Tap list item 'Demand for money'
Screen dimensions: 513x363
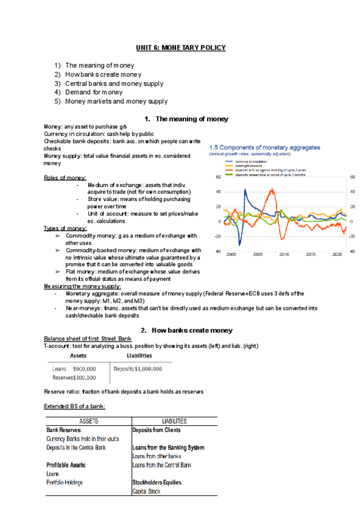[x=94, y=93]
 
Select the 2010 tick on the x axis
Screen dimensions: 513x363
[x=284, y=255]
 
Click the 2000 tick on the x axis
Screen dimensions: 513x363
[x=231, y=255]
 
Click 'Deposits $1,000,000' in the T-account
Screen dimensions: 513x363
[x=137, y=368]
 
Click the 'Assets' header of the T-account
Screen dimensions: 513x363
[x=78, y=356]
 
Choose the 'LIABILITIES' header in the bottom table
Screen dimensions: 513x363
[x=174, y=421]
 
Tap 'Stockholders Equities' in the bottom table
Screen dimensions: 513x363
[x=159, y=483]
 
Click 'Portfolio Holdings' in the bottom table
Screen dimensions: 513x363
[x=64, y=483]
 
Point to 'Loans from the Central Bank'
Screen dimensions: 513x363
[x=162, y=465]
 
